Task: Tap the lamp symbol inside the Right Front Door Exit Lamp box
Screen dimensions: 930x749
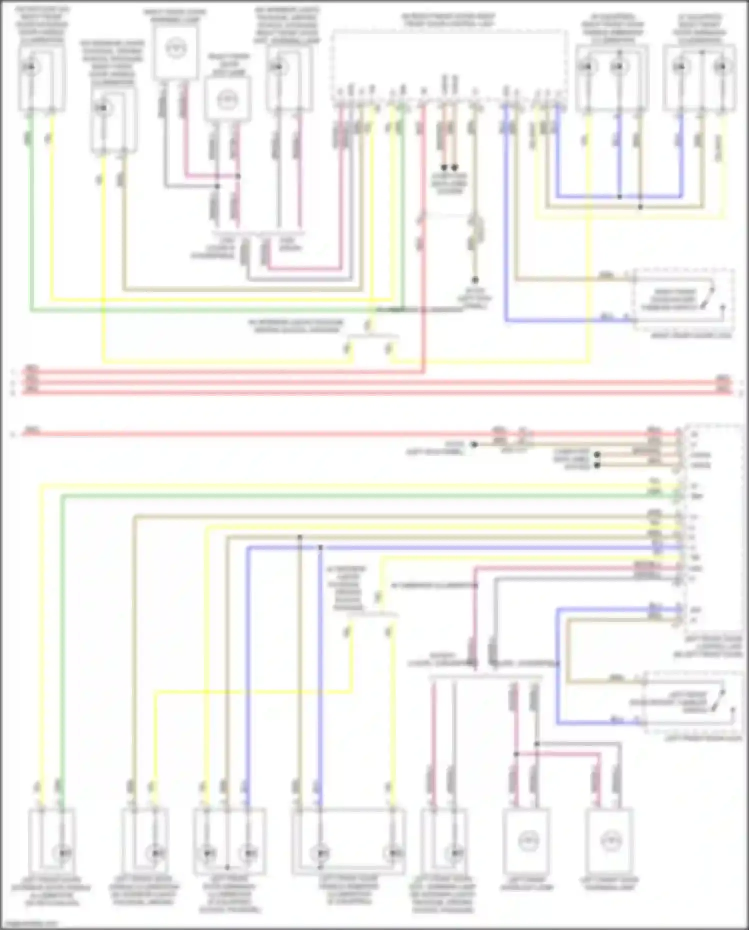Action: (227, 100)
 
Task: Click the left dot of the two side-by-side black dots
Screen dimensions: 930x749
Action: (443, 168)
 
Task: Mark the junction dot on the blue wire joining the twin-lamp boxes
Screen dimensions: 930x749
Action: (619, 197)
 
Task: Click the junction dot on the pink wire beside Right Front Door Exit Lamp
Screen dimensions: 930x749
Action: (238, 176)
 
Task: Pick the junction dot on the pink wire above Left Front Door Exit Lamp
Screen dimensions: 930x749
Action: (516, 754)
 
